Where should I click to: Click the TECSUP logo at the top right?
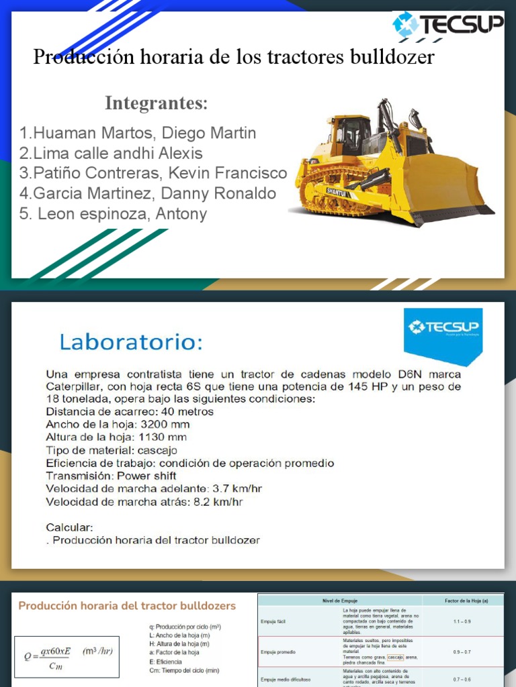(447, 25)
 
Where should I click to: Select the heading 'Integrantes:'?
(156, 104)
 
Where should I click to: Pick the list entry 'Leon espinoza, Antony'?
(114, 214)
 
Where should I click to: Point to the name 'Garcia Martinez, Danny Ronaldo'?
(148, 194)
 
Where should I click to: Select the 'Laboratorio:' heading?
(131, 343)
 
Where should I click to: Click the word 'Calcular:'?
(69, 527)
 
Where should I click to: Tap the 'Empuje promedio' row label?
(279, 651)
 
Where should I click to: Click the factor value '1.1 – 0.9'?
(462, 622)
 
